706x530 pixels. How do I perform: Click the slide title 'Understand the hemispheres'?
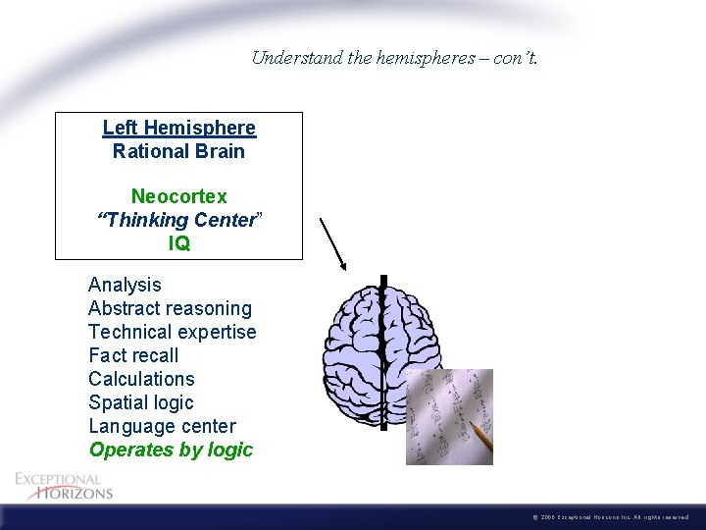(394, 57)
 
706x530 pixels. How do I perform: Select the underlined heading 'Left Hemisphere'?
(178, 128)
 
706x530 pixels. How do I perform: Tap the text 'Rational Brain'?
(178, 151)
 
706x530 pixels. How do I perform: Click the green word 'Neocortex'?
(178, 197)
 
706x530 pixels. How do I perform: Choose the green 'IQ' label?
(178, 243)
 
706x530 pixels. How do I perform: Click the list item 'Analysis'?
(125, 285)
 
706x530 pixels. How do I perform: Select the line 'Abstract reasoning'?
(170, 308)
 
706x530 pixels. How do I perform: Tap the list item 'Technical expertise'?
(172, 332)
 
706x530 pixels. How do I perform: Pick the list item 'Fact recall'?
(133, 355)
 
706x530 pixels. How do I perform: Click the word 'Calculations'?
(141, 379)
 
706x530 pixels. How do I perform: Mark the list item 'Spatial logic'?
(141, 402)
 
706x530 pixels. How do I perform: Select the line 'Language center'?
(162, 426)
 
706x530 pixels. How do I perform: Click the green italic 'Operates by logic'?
(171, 450)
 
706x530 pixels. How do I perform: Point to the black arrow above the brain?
(333, 243)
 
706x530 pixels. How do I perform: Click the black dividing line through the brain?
(384, 324)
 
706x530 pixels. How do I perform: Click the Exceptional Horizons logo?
(64, 485)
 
